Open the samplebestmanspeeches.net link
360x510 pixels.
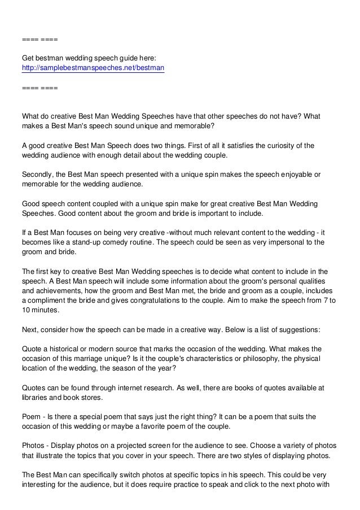click(x=93, y=68)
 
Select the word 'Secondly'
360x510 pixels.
click(x=38, y=175)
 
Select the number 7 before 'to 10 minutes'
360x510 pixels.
click(x=326, y=300)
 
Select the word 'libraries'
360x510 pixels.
click(x=36, y=398)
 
